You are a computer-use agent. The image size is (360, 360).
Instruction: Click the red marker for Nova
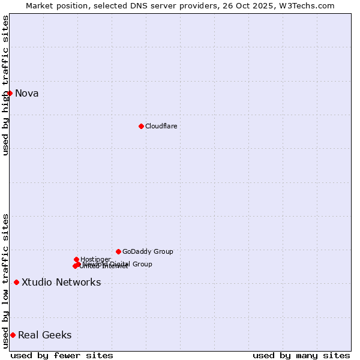tap(10, 93)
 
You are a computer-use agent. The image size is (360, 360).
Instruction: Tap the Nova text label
tap(27, 93)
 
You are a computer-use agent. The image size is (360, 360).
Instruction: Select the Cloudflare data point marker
tap(141, 126)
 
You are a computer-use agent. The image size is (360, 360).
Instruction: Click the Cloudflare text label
tap(161, 126)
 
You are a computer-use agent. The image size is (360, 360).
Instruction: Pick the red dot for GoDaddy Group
tap(118, 251)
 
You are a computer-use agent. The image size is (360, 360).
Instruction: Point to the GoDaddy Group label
tap(148, 251)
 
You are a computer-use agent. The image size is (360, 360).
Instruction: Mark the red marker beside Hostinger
tap(76, 259)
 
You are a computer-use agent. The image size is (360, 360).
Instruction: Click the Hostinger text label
tap(95, 259)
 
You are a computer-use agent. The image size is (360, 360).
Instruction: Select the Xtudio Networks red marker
tap(16, 282)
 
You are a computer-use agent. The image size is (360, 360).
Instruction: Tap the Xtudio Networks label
tap(61, 282)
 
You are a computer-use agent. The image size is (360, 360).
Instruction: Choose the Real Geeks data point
tap(13, 335)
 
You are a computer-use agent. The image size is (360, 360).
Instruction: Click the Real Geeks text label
tap(45, 335)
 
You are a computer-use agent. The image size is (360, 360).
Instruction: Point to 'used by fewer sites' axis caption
tap(62, 355)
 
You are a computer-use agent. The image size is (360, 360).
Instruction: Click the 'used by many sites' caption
tap(301, 355)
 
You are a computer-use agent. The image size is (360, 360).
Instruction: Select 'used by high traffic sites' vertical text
tap(5, 85)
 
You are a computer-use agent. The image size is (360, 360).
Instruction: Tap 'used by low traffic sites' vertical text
tap(5, 281)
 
